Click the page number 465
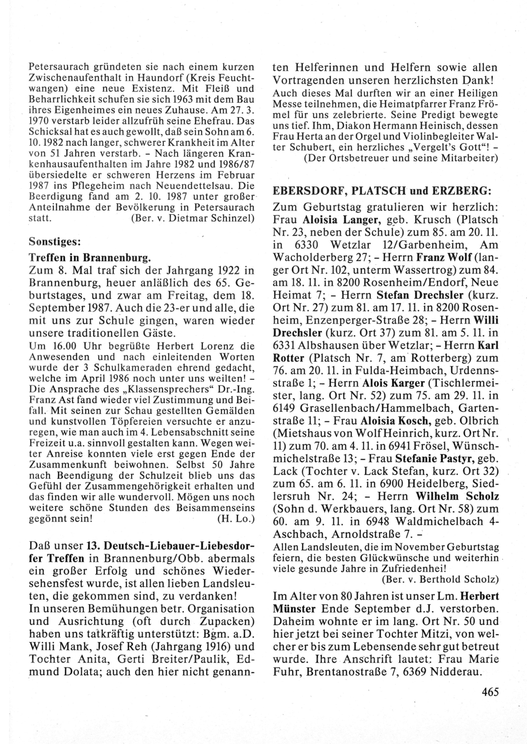pyautogui.click(x=490, y=692)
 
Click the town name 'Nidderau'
pyautogui.click(x=462, y=672)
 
